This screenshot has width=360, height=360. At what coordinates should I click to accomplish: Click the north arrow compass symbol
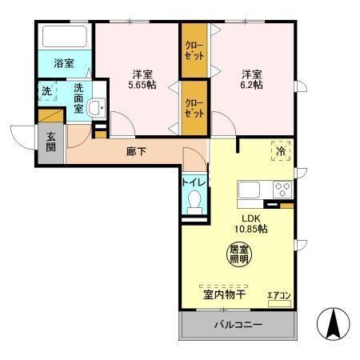pos(334,323)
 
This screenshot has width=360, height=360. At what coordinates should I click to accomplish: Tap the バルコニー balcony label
pos(238,325)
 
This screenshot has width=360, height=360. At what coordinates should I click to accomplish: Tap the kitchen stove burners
pos(282,190)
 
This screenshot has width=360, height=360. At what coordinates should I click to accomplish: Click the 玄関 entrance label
pos(50,142)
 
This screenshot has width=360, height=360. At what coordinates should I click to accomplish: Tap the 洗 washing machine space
pos(46,92)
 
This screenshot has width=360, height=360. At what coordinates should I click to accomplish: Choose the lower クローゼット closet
pos(194,108)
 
